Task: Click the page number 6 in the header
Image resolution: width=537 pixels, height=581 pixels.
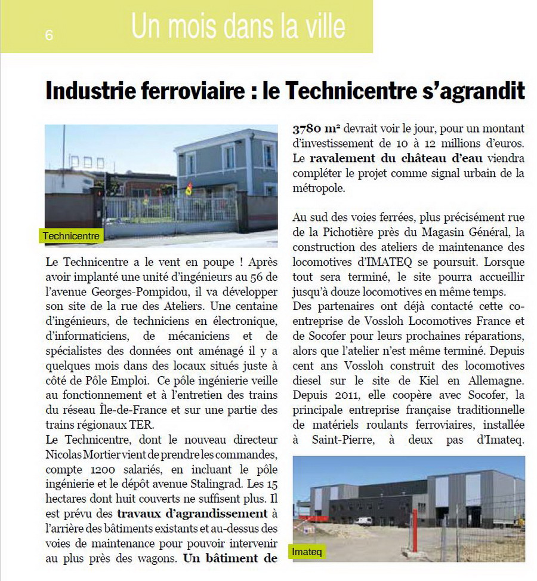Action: coord(49,35)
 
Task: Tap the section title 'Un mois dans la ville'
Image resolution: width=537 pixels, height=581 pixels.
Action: coord(238,27)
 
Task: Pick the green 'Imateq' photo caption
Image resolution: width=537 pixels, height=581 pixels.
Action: coord(308,552)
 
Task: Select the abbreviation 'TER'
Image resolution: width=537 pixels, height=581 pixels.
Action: coord(141,425)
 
